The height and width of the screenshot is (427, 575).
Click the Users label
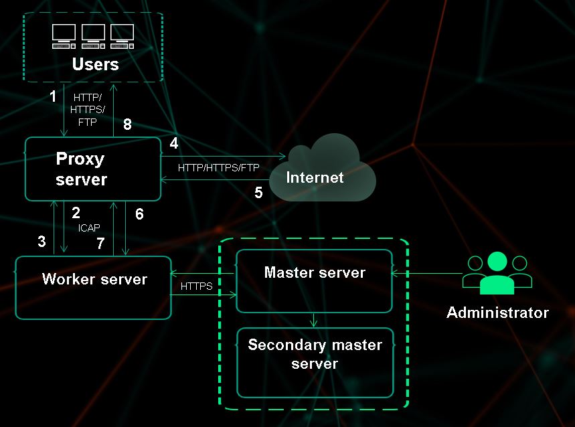(x=95, y=64)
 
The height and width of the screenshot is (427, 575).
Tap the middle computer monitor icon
(x=94, y=35)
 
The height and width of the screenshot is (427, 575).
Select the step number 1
(x=54, y=96)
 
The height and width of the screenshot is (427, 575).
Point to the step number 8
(x=128, y=124)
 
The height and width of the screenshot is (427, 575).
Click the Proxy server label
(x=80, y=169)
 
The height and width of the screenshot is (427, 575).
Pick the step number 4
(x=174, y=143)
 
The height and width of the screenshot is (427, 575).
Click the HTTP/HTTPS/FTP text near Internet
(x=218, y=167)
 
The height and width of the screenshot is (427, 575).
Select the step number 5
(x=258, y=192)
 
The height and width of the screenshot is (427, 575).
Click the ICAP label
(x=89, y=228)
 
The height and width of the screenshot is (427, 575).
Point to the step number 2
(x=76, y=213)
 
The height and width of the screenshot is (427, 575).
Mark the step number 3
(x=42, y=242)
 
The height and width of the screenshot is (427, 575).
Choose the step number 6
(x=139, y=214)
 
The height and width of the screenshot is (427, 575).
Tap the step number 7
(x=100, y=244)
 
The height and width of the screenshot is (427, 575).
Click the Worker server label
(x=94, y=279)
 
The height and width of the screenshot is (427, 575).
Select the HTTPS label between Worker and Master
(x=197, y=286)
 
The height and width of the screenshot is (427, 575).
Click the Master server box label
(x=315, y=272)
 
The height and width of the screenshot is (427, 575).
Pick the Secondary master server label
(x=315, y=354)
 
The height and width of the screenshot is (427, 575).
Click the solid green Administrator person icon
(x=497, y=273)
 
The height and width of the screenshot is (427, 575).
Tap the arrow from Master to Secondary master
(x=315, y=320)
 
